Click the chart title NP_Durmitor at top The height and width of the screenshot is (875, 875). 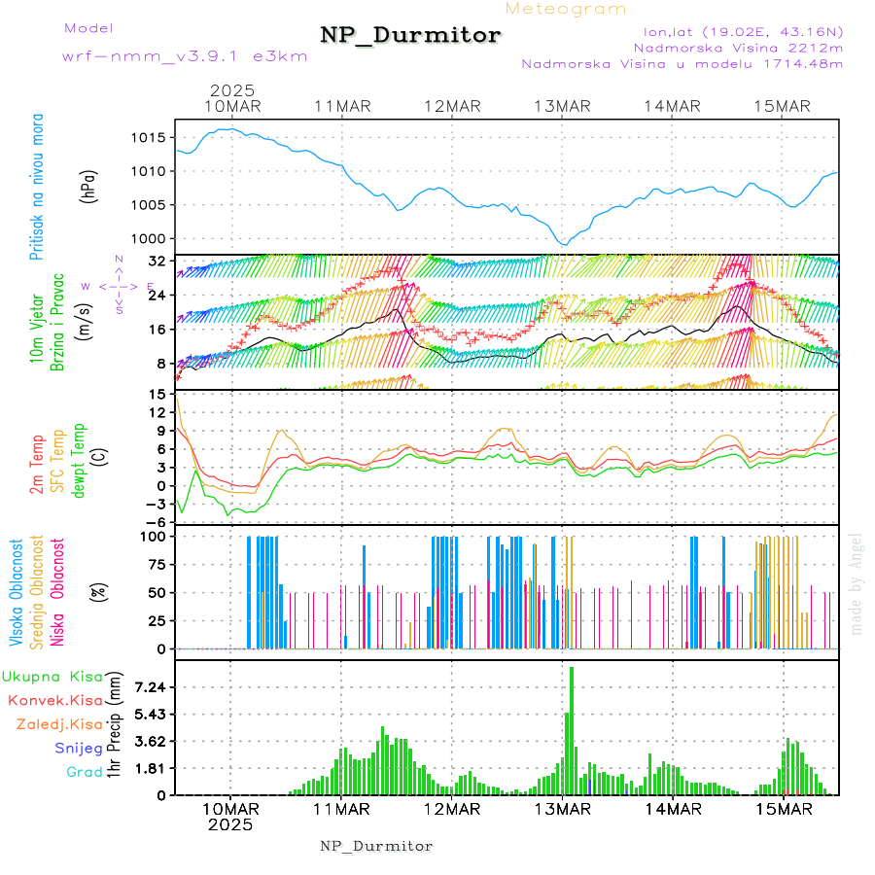410,36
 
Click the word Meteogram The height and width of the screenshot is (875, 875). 566,9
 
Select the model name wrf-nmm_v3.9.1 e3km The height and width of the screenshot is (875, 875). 185,55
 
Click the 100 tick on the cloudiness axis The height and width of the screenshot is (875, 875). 154,536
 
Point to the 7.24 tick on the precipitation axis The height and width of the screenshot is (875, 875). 152,687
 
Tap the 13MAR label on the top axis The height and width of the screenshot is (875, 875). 562,106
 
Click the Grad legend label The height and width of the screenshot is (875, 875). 84,772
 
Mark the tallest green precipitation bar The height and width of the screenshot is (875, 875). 572,729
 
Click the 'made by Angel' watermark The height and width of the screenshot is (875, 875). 857,583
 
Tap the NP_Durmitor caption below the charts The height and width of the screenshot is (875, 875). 376,846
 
